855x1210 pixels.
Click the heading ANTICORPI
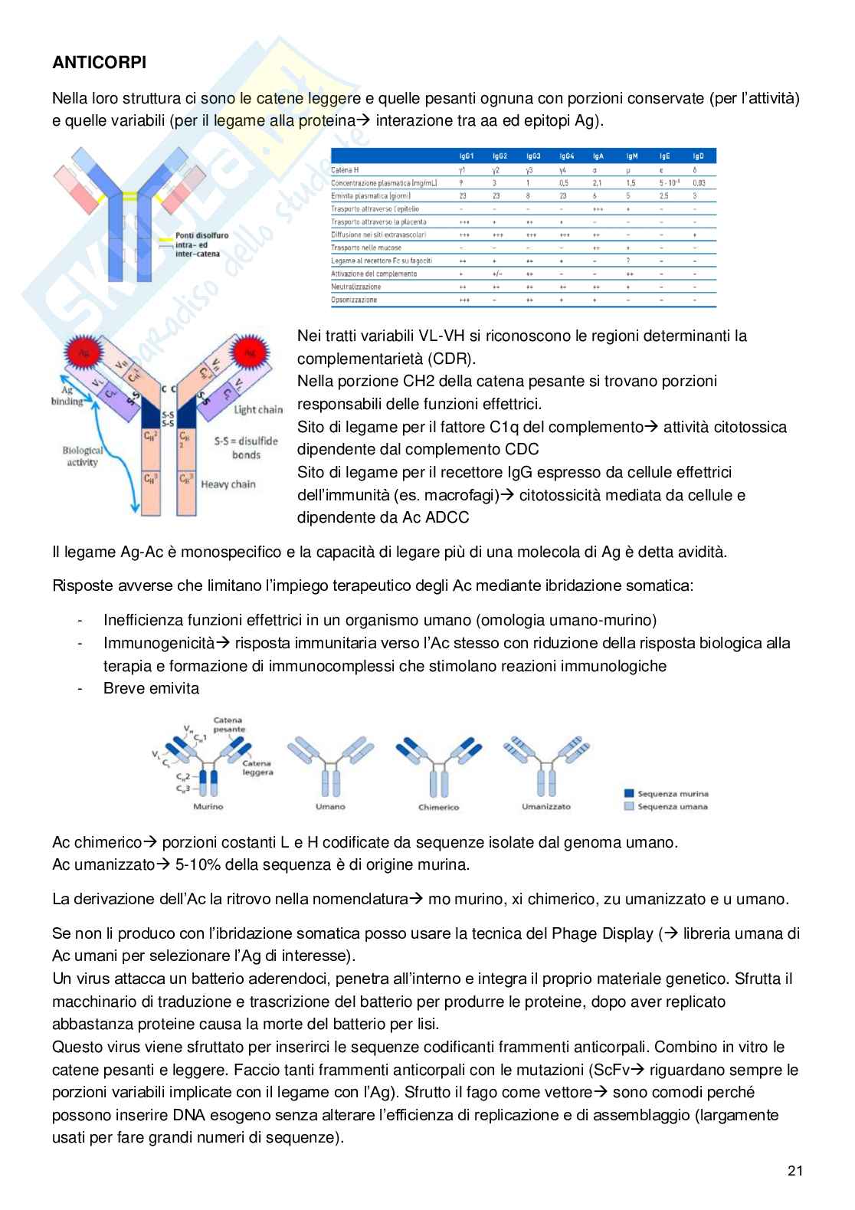[x=99, y=63]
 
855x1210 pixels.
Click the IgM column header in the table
[x=631, y=156]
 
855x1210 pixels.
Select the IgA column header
[x=598, y=156]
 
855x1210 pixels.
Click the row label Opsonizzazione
[x=354, y=300]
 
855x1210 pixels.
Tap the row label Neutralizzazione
[x=355, y=287]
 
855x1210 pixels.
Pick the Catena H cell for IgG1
[x=462, y=170]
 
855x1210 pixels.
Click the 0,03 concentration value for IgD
[x=698, y=183]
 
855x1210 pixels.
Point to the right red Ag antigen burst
[x=249, y=353]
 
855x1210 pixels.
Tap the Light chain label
[x=258, y=409]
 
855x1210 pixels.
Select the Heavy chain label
[x=228, y=484]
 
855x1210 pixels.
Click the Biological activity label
[x=82, y=457]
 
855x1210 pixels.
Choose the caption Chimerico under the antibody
[x=438, y=807]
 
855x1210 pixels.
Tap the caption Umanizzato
[x=546, y=806]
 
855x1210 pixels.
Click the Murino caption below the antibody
[x=208, y=806]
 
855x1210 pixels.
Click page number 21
[x=794, y=1170]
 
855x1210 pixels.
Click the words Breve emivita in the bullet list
[x=151, y=688]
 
